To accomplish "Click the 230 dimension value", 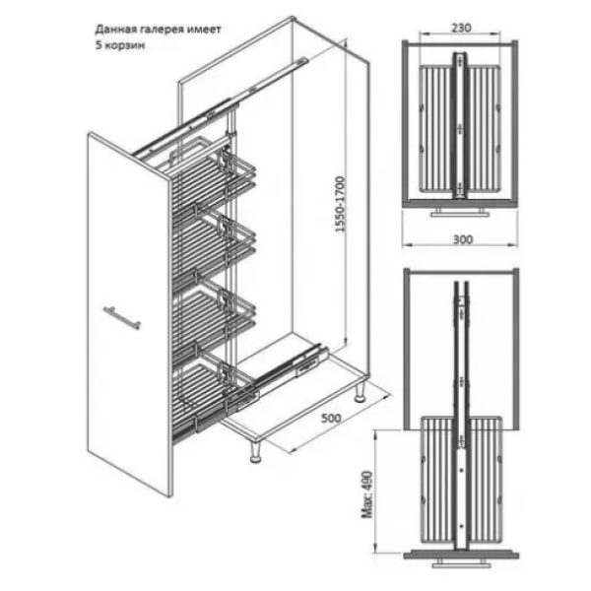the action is tap(461, 28).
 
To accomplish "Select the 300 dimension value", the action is tap(463, 239).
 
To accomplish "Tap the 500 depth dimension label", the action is tap(331, 418).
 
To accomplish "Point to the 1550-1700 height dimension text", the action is tap(341, 204).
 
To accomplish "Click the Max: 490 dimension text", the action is tap(367, 494).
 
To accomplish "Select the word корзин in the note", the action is tap(125, 46).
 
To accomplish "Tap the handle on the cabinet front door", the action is tap(122, 317).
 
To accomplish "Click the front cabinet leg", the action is tap(256, 451).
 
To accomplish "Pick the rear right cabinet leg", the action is tap(360, 392).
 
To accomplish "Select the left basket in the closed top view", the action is tap(436, 128).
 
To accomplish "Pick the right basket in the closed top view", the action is tap(484, 128).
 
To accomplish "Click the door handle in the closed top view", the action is tap(460, 212).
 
